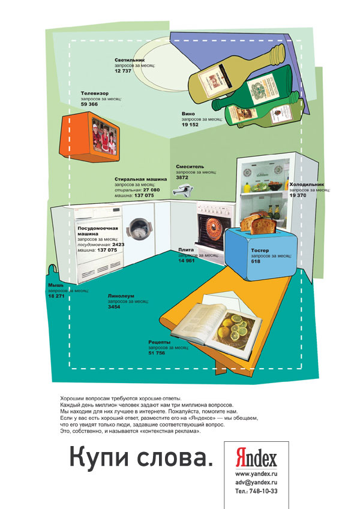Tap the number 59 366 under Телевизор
point(89,104)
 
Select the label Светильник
point(130,61)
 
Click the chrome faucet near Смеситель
point(183,191)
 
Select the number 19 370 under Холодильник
point(298,195)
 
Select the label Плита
point(185,250)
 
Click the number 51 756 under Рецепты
point(157,353)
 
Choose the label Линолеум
point(121,296)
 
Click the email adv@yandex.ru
point(256,482)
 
